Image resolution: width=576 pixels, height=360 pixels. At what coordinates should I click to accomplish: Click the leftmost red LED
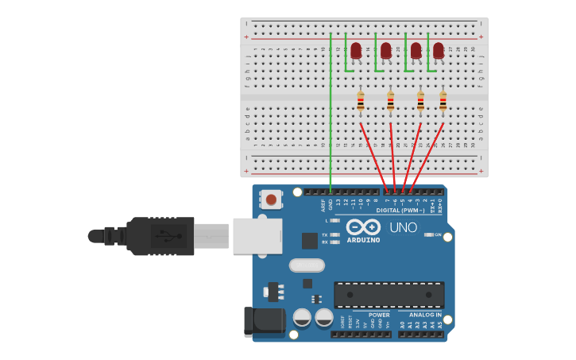point(356,52)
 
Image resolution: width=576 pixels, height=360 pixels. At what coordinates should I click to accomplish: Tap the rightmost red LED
point(439,52)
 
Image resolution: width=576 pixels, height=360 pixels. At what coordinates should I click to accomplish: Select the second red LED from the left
point(386,52)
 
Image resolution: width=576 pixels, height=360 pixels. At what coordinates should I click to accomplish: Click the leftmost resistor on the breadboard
point(361,101)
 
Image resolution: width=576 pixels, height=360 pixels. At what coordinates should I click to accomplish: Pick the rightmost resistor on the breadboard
point(443,101)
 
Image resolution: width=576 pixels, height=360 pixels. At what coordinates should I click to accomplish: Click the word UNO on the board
point(403,227)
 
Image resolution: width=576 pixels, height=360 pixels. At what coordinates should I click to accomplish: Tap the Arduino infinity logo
point(363,226)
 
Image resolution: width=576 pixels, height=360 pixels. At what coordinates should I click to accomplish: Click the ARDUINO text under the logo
point(363,239)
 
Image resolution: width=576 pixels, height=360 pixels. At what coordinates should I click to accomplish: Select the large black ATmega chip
point(389,295)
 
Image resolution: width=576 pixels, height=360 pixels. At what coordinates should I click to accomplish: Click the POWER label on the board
point(379,315)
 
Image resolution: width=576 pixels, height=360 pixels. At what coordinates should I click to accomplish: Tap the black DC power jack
point(264,321)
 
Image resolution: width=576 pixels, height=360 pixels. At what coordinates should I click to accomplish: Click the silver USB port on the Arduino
point(257,236)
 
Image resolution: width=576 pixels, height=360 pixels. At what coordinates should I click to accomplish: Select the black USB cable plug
point(159,236)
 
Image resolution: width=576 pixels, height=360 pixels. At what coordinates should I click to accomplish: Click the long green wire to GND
point(331,111)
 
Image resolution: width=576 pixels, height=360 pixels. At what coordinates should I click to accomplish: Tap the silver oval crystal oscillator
point(307,265)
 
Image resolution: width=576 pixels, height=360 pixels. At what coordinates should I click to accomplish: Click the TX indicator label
point(325,234)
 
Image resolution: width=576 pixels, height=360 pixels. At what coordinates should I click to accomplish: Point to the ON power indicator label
point(437,234)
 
